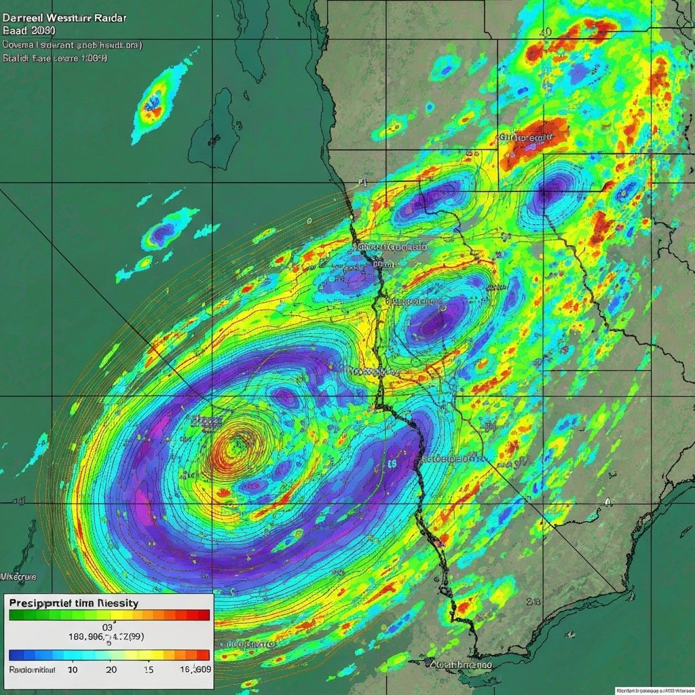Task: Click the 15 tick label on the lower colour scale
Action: coord(148,669)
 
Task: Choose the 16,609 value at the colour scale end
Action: coord(193,669)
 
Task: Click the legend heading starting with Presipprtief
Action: coord(75,602)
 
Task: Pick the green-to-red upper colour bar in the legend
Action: coord(109,615)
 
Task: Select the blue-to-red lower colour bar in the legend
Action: coord(109,655)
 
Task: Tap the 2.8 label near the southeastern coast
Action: coord(533,601)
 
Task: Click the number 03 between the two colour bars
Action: coord(107,628)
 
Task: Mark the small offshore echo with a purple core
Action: coord(162,233)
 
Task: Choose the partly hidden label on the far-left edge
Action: coord(18,576)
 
